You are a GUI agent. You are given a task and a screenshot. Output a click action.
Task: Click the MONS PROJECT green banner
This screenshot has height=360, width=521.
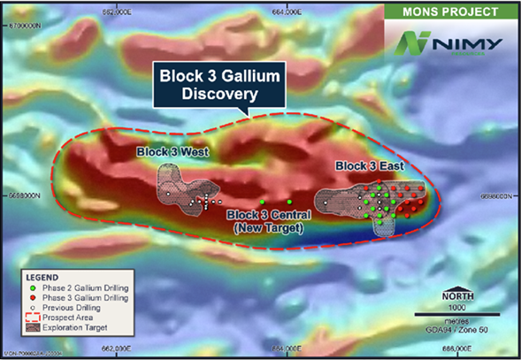coord(451,11)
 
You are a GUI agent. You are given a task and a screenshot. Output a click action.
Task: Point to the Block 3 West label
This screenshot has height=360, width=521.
coord(172,152)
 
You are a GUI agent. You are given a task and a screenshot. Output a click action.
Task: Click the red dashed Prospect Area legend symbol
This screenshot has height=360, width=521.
coord(33,318)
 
